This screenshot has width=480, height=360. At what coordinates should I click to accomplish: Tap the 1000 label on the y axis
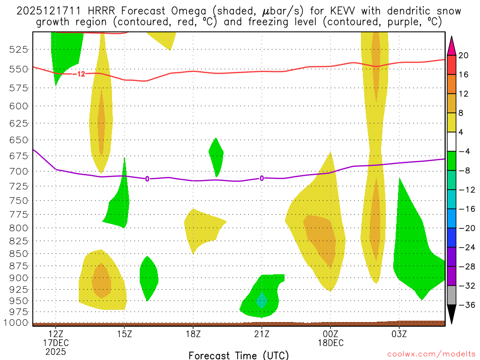pos(19,323)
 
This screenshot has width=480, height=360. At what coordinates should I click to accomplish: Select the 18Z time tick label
pos(193,334)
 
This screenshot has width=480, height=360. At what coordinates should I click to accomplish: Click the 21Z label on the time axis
pos(262,334)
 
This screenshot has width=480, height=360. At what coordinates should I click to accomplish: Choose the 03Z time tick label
pos(399,334)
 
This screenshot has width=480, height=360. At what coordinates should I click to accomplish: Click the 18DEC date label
pos(330,343)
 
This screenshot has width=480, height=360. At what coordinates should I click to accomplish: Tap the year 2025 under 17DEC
pos(56,351)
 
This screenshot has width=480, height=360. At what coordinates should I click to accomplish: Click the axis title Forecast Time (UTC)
pos(239,355)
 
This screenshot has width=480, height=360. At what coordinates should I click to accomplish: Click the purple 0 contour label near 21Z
pos(262,178)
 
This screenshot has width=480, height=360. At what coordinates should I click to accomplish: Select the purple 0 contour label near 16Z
pos(147,179)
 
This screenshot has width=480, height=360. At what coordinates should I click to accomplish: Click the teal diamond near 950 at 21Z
pos(261,300)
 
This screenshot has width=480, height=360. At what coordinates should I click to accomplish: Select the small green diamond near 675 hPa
pos(216,156)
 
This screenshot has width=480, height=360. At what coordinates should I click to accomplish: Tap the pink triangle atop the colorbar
pos(451,46)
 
